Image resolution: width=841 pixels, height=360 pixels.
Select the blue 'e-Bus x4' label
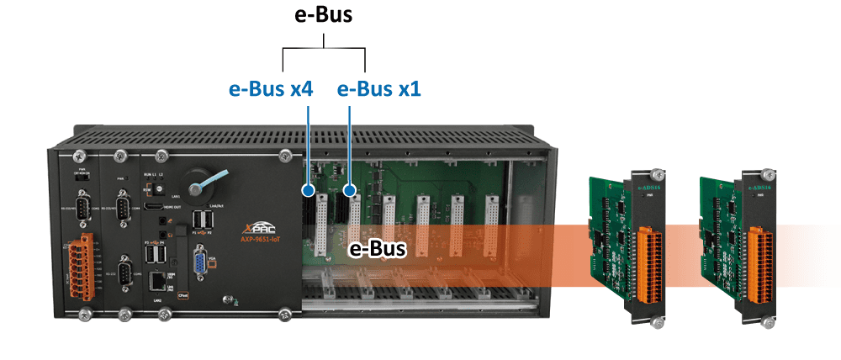[x=271, y=88]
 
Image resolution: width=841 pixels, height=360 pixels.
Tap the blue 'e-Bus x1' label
[x=379, y=88]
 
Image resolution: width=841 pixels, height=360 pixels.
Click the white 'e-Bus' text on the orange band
[x=378, y=249]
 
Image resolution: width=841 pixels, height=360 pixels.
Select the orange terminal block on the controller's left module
[x=82, y=266]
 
